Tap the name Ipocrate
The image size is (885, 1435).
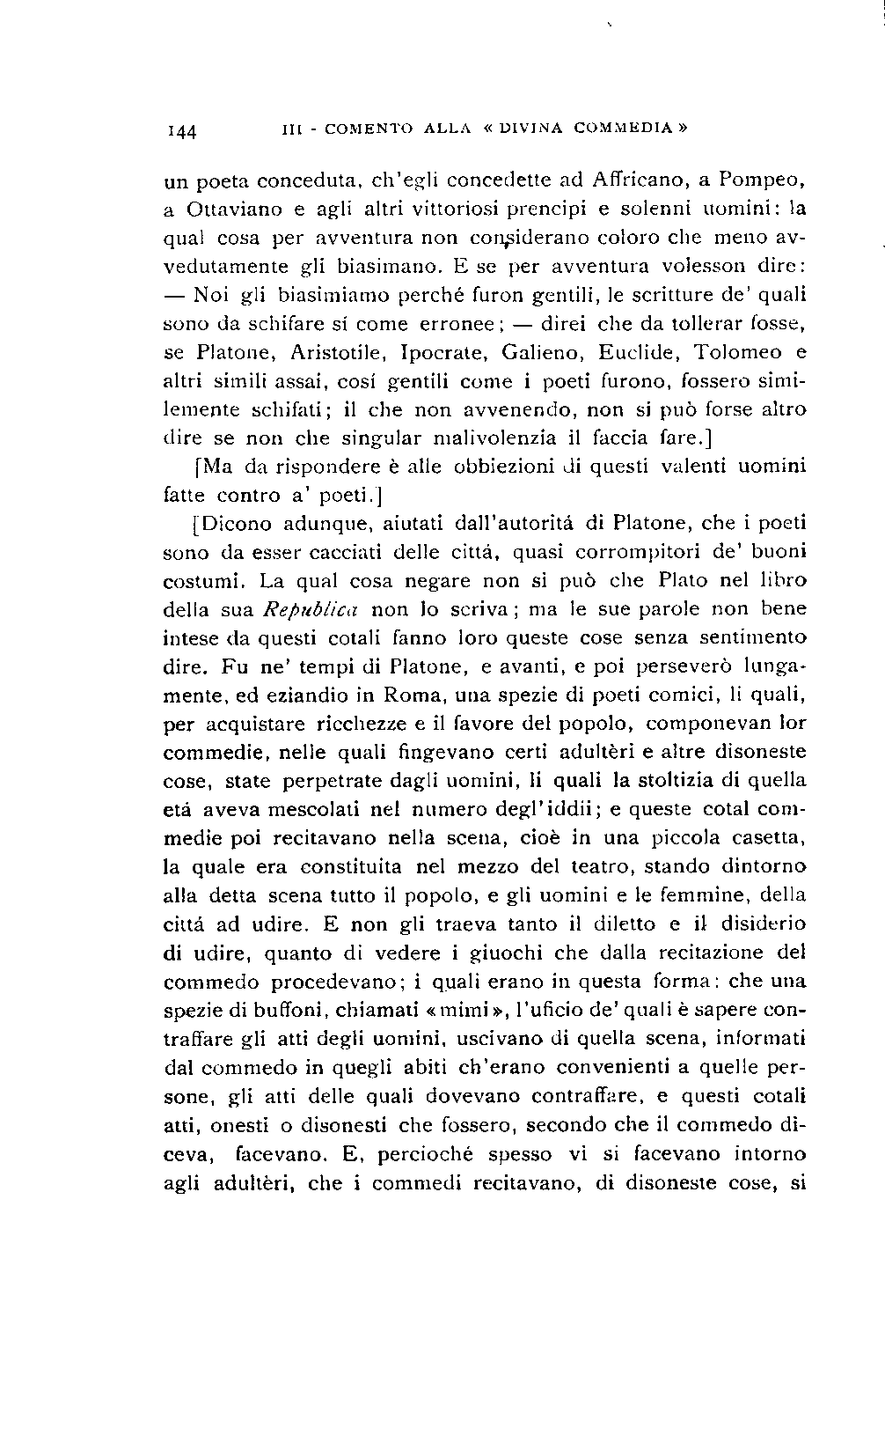445,352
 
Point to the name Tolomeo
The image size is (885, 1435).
737,352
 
